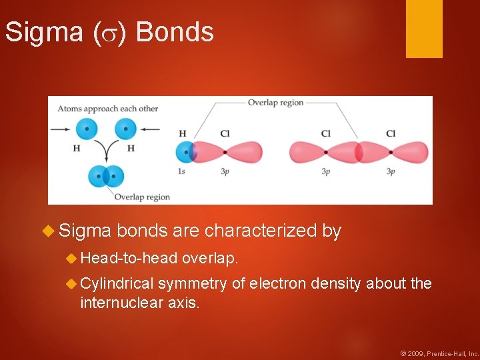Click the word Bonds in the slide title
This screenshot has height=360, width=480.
pos(175,32)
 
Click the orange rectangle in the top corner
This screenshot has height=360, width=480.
pos(424,28)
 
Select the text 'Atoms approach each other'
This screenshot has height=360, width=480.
pos(107,109)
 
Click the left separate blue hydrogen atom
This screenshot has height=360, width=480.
pos(87,129)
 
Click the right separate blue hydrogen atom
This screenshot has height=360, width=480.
pos(125,129)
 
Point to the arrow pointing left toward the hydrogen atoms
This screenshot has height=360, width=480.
pos(150,129)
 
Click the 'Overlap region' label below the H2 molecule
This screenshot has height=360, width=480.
pos(141,197)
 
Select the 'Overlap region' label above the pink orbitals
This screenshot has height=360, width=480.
pos(275,103)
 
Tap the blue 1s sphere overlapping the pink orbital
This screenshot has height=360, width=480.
pos(185,152)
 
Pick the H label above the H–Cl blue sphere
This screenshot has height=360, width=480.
pos(183,134)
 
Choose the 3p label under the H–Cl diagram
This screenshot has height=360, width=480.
pos(225,171)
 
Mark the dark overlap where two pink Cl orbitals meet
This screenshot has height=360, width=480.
pos(359,152)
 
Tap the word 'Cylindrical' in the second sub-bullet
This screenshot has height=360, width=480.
pos(117,284)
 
